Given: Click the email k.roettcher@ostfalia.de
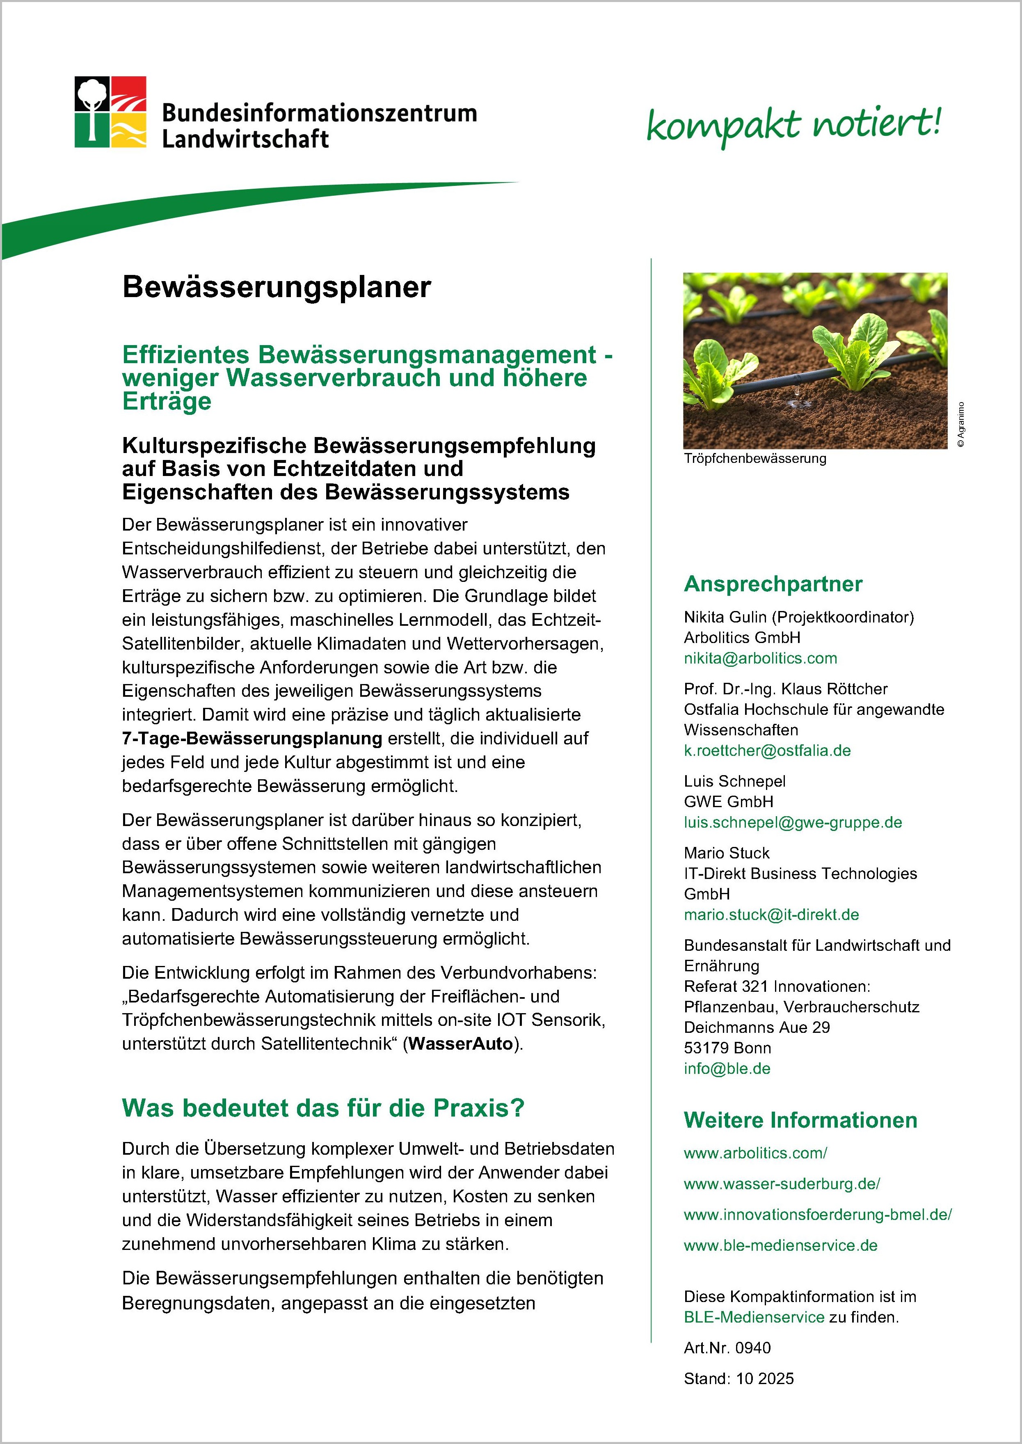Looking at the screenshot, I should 767,751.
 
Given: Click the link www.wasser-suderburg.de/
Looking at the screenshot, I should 782,1183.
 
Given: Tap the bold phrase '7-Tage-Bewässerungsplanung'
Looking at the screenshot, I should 252,738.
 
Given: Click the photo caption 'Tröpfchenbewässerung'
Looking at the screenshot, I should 754,458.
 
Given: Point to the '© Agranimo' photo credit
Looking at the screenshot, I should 960,424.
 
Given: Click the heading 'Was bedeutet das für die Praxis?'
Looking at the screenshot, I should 323,1108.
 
